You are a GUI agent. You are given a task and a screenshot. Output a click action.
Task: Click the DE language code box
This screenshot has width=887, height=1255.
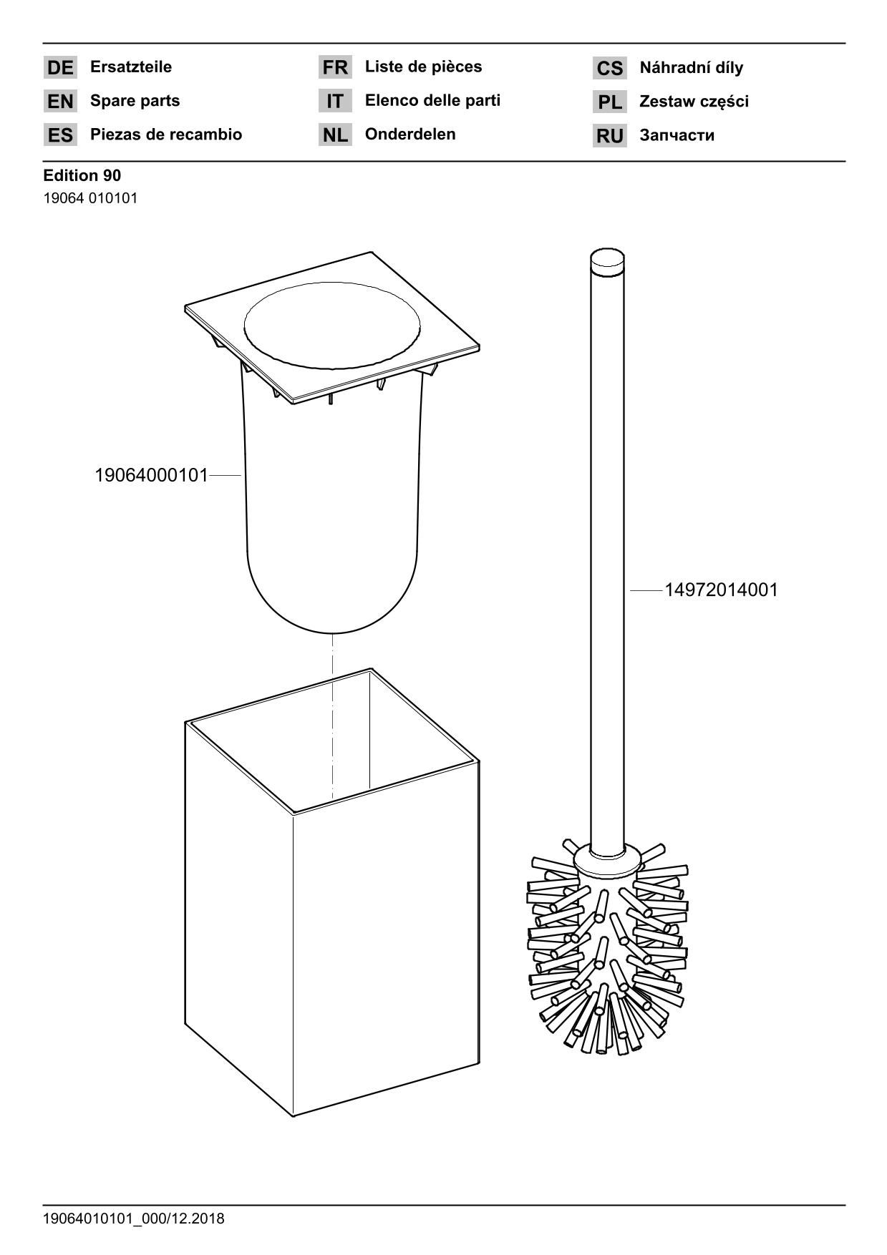click(60, 67)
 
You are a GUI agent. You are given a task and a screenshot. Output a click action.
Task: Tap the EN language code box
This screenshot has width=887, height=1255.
click(60, 101)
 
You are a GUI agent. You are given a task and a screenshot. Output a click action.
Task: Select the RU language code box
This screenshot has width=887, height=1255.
click(610, 135)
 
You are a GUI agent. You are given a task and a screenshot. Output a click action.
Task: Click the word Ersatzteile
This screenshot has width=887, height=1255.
click(131, 67)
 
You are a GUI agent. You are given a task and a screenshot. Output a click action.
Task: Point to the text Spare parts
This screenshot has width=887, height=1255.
click(135, 101)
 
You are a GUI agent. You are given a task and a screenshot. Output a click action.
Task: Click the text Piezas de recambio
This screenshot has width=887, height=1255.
click(166, 135)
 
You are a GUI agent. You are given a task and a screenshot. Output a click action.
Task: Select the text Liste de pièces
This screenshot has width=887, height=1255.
click(424, 67)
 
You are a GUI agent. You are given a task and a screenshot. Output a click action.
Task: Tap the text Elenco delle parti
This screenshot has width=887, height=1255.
click(433, 100)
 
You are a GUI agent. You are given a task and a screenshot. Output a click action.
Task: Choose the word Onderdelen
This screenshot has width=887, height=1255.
click(410, 134)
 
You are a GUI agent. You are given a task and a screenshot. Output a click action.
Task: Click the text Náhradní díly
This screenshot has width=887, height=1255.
click(692, 67)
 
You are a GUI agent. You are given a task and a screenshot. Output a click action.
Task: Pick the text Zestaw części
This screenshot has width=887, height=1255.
click(694, 102)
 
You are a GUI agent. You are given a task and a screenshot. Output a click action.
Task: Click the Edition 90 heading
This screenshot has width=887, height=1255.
click(82, 175)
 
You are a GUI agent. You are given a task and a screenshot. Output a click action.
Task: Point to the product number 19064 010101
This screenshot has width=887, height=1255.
click(91, 198)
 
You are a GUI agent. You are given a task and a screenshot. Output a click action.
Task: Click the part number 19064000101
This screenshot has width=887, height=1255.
click(151, 475)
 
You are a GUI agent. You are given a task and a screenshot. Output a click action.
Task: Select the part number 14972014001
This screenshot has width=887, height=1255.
click(721, 590)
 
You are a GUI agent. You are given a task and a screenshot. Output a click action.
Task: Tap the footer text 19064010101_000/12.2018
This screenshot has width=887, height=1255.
click(134, 1218)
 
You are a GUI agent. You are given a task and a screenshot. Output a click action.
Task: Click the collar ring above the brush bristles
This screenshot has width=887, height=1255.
click(607, 859)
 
